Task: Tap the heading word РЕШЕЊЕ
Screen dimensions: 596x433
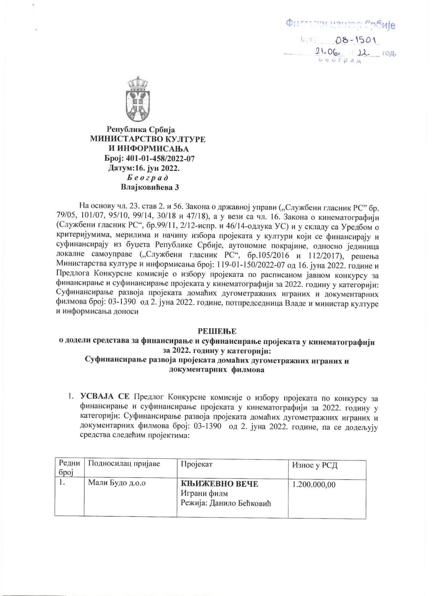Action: coord(217,331)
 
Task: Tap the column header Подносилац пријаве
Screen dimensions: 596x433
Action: coord(124,464)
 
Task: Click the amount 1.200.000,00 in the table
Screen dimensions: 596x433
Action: coord(314,485)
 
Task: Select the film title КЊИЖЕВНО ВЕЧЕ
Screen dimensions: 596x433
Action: coord(220,484)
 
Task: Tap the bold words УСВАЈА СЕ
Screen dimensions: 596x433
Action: coord(105,397)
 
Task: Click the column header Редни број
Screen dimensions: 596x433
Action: coord(69,467)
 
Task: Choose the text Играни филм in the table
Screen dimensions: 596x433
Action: coord(204,494)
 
